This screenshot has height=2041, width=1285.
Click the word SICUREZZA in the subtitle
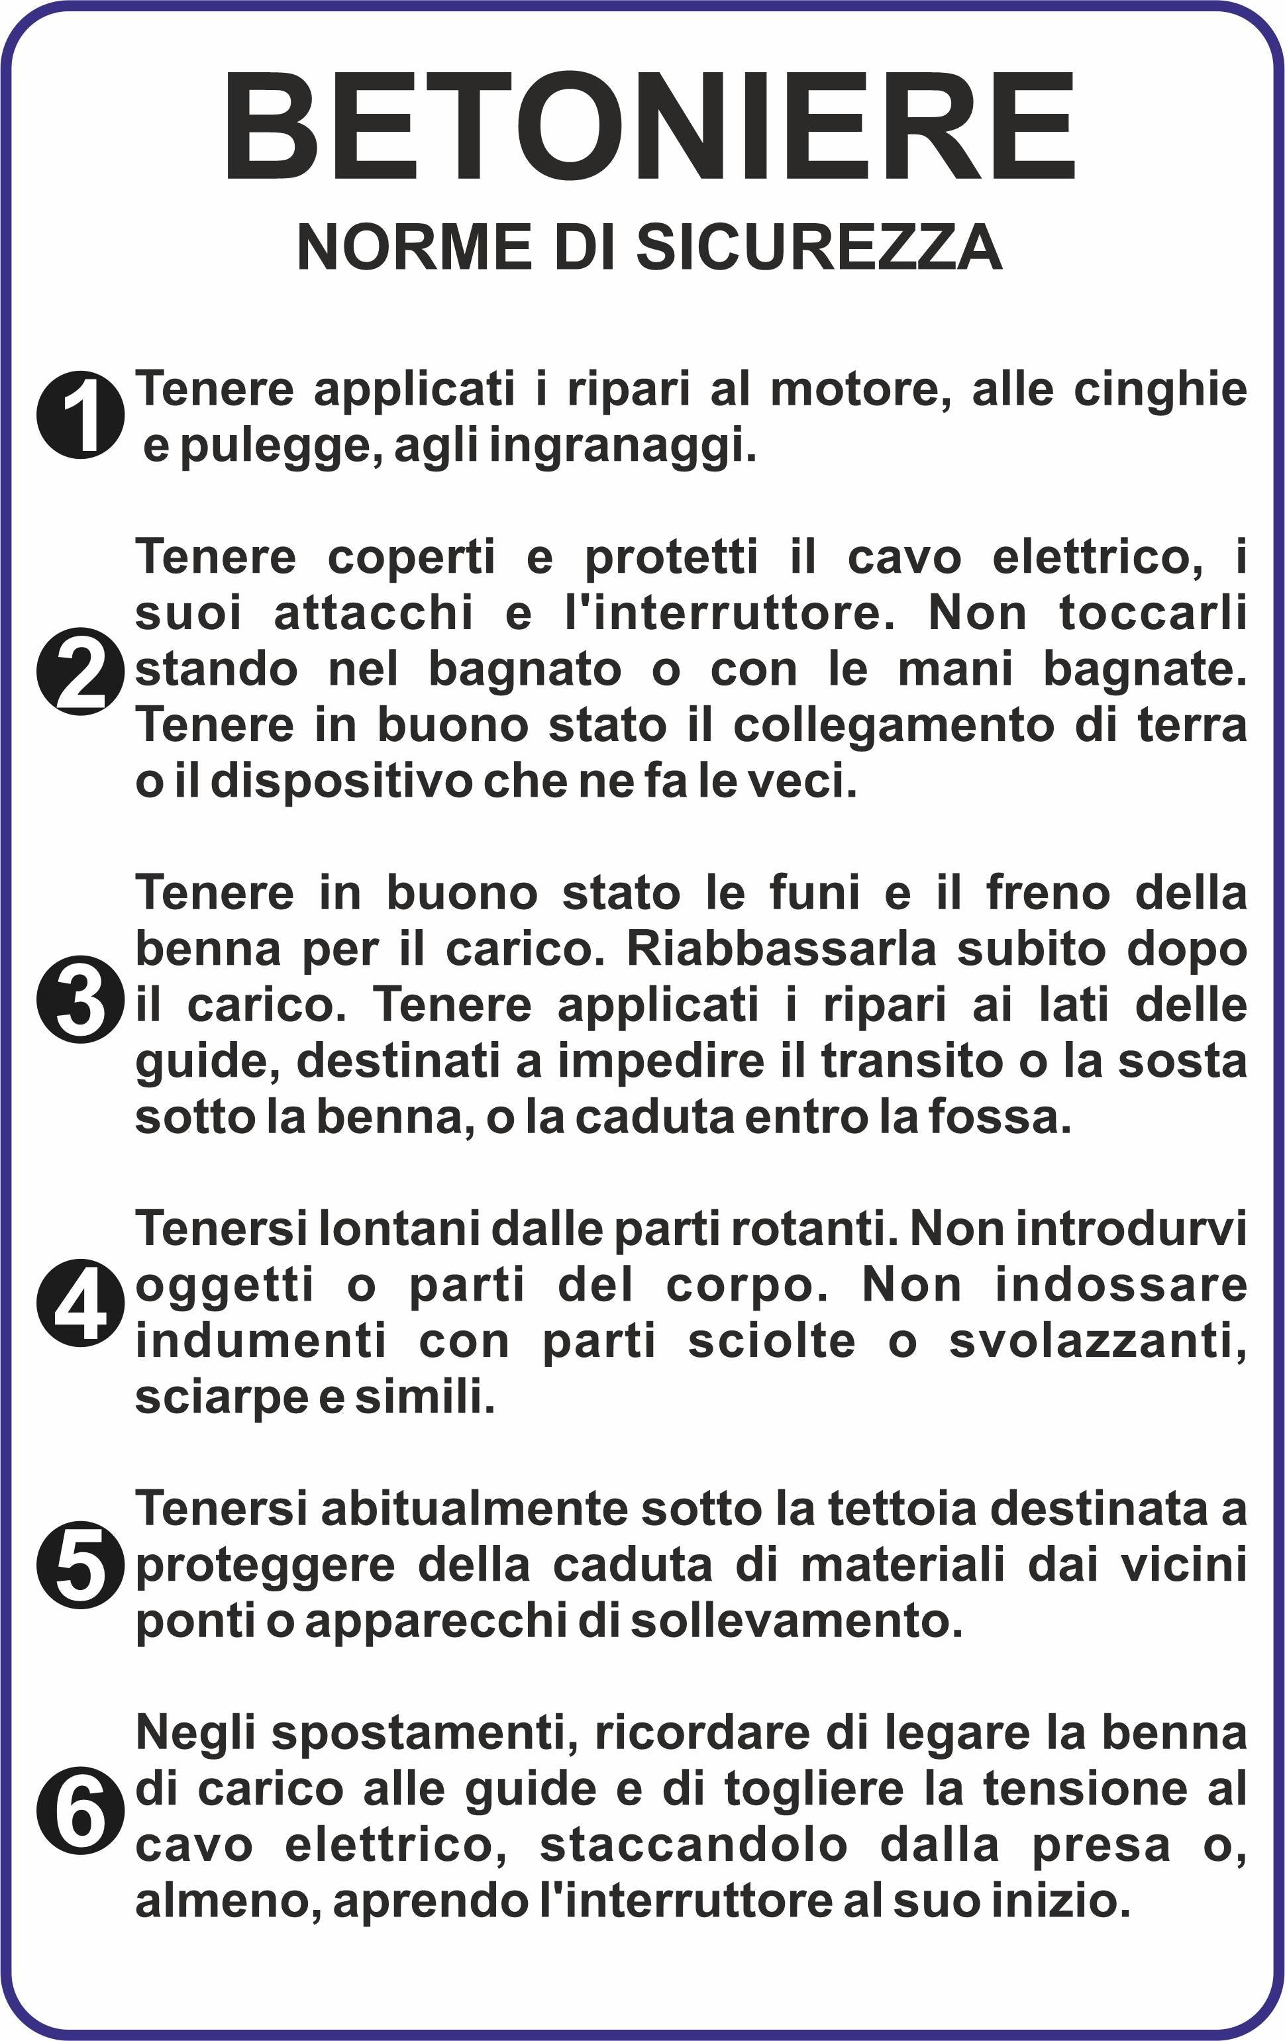click(x=819, y=248)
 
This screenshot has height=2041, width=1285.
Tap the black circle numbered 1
click(x=81, y=415)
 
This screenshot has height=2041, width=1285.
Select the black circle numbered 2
click(x=81, y=672)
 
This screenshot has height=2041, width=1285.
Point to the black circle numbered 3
click(x=81, y=999)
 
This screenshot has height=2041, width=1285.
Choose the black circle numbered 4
click(x=81, y=1302)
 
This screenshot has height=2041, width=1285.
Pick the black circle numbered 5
click(x=81, y=1565)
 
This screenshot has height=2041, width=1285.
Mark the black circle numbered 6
click(x=81, y=1811)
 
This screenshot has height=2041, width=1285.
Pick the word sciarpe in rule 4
click(x=221, y=1397)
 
